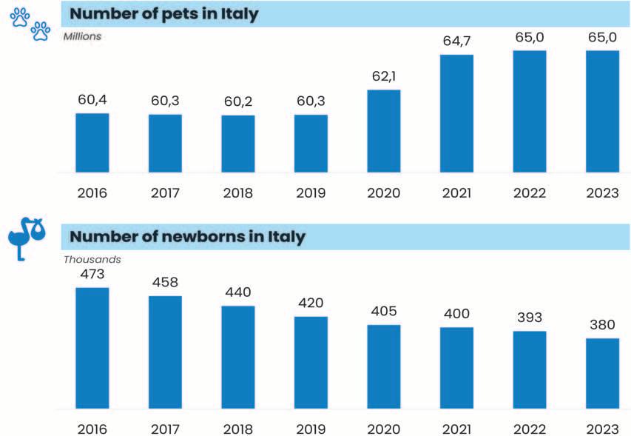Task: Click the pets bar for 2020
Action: point(384,130)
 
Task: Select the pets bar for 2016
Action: point(92,142)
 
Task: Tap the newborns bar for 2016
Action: point(92,347)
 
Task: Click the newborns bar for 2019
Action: point(311,362)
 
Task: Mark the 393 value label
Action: point(530,318)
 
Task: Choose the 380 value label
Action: point(602,326)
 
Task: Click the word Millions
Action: point(82,36)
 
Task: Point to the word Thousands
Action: point(92,260)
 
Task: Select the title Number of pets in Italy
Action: point(163,14)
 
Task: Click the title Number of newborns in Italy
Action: point(187,237)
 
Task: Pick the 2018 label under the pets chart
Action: point(238,194)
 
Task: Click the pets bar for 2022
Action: point(530,111)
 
